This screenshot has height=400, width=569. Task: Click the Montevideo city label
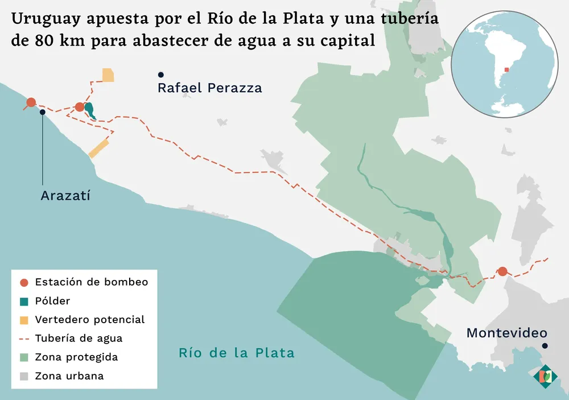506,333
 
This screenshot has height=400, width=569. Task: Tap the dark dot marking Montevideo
545,346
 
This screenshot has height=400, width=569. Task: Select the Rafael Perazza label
209,88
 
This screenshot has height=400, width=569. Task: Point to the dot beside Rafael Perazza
161,75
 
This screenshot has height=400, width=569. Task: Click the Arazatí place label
66,196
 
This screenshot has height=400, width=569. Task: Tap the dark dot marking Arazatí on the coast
43,112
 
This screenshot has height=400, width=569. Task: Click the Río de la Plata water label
237,353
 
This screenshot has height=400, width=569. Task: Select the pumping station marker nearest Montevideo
502,271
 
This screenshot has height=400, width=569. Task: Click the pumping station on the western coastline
31,102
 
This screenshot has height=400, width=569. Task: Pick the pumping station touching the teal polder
80,106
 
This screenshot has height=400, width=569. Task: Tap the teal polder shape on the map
89,110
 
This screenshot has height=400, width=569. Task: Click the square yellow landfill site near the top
108,75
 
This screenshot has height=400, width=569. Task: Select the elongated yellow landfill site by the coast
98,147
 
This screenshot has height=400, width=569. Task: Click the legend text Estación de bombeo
91,282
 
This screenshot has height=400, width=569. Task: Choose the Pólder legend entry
52,301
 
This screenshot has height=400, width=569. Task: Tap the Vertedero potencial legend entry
89,320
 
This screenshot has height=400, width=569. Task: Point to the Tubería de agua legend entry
79,339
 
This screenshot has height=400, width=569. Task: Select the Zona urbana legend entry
69,376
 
